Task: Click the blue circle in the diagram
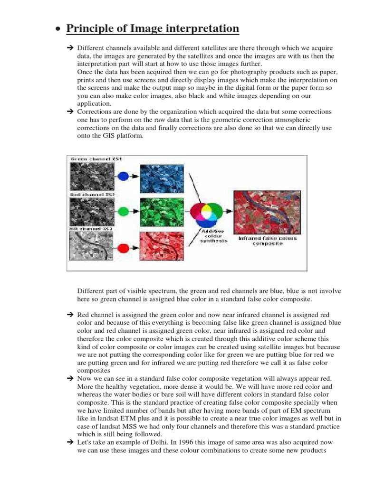coord(123,176)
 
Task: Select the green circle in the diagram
coord(123,211)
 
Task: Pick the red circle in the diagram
coord(123,247)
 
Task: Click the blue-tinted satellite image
coord(160,177)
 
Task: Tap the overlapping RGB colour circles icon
coord(206,211)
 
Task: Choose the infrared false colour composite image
coord(267,209)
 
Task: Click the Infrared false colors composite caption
coord(267,241)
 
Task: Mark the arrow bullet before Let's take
coord(69,442)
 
